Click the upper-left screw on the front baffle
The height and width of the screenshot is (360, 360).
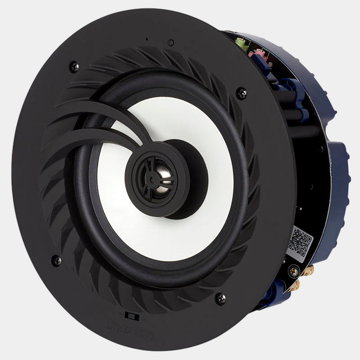point(74,66)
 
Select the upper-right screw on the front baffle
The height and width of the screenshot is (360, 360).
point(241,92)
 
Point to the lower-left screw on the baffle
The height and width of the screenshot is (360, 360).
point(56,260)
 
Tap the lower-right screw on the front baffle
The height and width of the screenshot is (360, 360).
point(220,298)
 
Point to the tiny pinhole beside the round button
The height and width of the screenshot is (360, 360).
point(146,39)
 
